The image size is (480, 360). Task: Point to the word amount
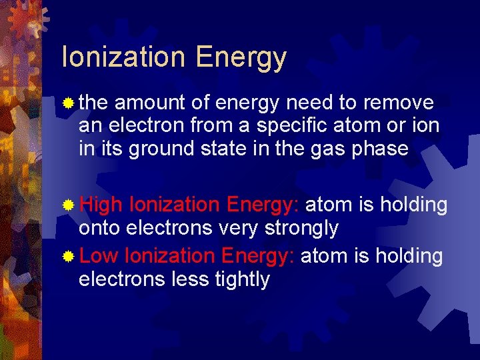(x=151, y=103)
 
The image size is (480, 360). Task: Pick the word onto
(x=99, y=229)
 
